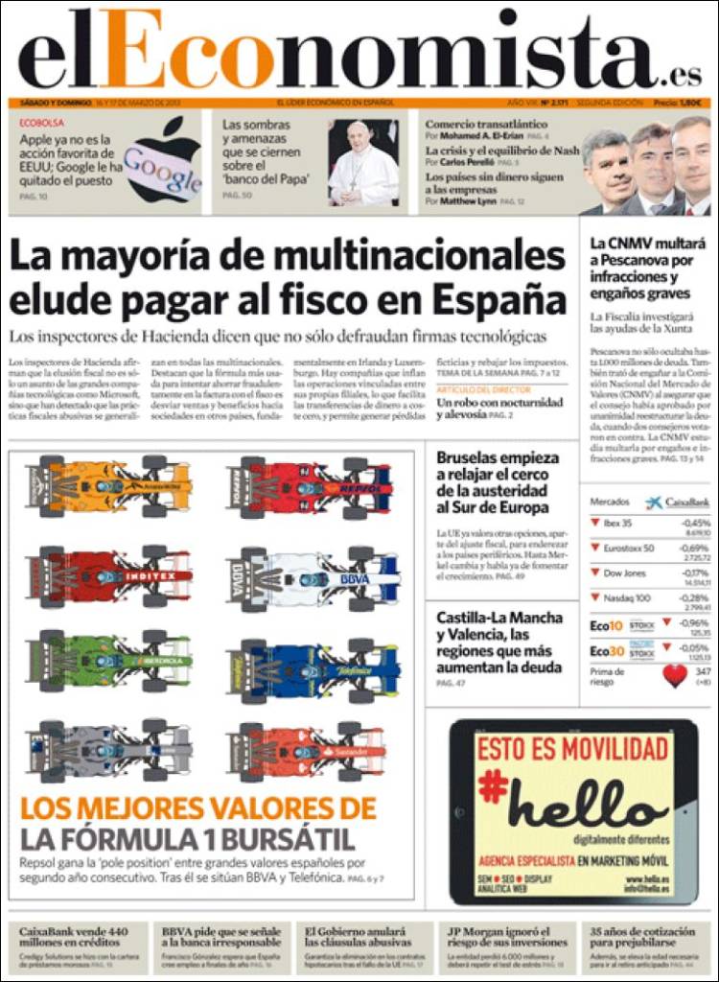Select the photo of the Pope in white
click(362, 163)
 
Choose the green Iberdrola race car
click(110, 661)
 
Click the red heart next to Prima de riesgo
click(675, 675)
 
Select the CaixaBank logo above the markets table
click(677, 502)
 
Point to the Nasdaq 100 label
click(628, 597)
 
